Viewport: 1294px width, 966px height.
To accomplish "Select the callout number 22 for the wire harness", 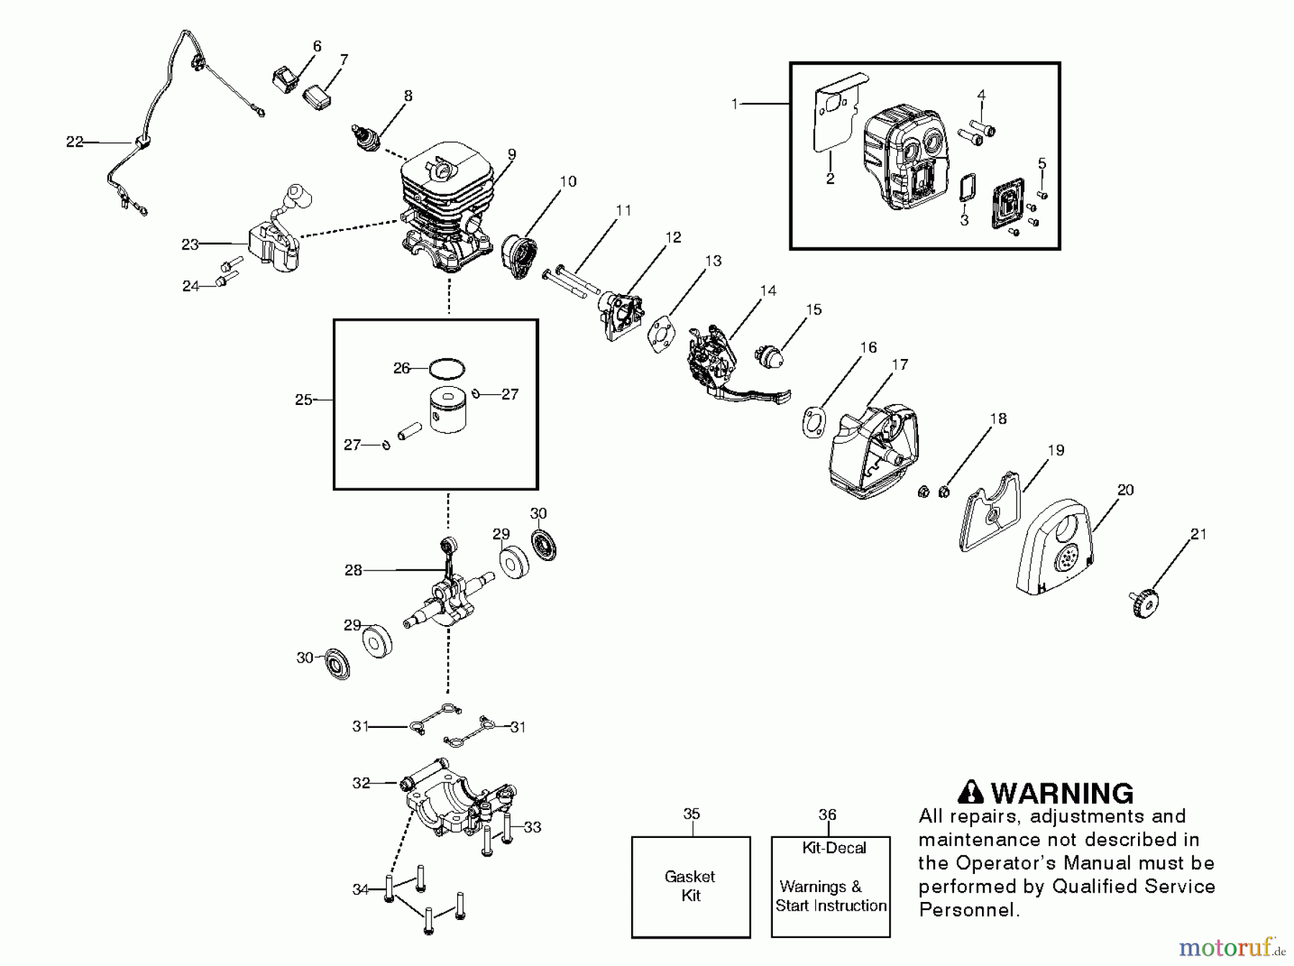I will pos(75,142).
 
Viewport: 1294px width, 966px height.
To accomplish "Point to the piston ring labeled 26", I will pos(446,369).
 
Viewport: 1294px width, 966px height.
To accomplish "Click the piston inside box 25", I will pos(447,411).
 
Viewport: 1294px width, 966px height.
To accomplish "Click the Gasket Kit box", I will pos(690,886).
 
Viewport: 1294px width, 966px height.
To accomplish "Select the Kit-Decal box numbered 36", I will pos(830,886).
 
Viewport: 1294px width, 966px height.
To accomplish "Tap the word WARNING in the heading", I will pos(1062,793).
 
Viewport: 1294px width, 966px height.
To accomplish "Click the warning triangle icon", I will pos(971,792).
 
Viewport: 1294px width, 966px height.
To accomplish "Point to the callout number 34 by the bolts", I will pos(360,890).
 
